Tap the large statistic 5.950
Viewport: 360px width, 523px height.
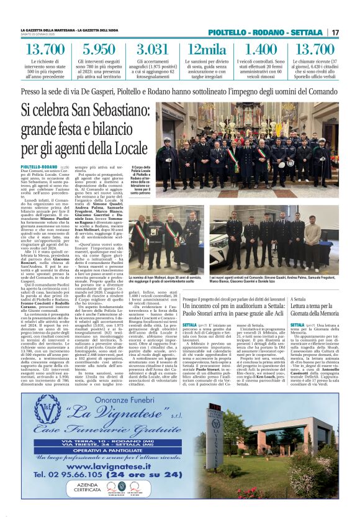[x=94, y=50]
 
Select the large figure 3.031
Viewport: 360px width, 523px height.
[x=152, y=50]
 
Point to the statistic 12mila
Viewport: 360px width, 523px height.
[x=207, y=50]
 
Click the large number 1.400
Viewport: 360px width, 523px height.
[x=262, y=50]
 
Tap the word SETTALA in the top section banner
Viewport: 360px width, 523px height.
[x=308, y=32]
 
